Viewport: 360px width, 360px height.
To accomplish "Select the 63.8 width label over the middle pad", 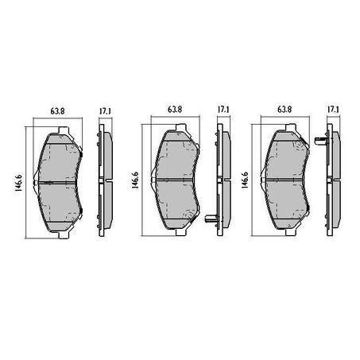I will tap(176, 110).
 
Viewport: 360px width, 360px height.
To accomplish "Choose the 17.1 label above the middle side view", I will tap(224, 110).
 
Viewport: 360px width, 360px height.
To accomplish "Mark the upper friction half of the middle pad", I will tap(176, 159).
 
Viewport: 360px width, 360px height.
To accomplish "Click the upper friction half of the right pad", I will tap(284, 159).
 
